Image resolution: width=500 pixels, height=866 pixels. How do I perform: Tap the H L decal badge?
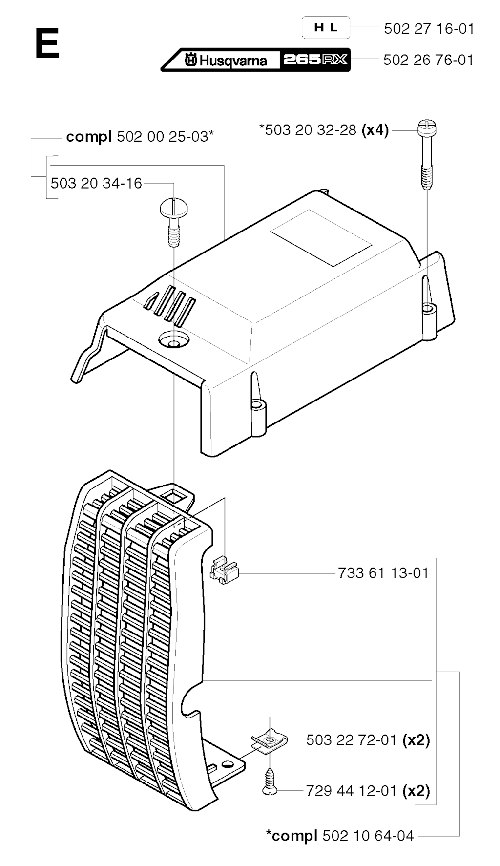click(326, 27)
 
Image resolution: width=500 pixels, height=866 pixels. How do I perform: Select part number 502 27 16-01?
click(429, 29)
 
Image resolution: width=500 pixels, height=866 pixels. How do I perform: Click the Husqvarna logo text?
click(226, 60)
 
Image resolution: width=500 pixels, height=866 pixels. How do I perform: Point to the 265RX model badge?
click(315, 60)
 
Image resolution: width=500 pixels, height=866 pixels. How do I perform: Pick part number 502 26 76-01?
click(428, 60)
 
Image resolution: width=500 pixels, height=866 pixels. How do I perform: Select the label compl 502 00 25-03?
click(140, 137)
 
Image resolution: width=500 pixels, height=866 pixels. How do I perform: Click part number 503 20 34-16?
click(96, 183)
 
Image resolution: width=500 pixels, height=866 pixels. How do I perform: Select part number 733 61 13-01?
click(383, 572)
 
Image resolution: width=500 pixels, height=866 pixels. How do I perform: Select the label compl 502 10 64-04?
click(340, 836)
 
